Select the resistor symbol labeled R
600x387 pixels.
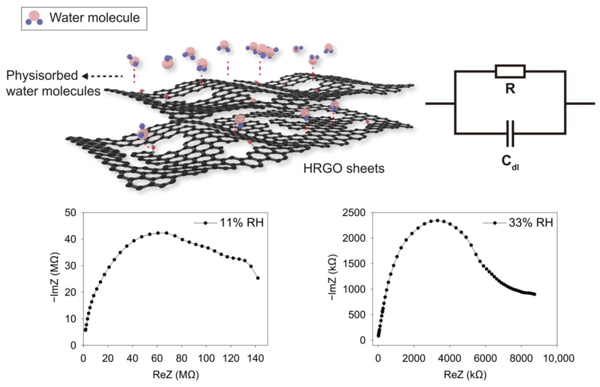click(x=509, y=71)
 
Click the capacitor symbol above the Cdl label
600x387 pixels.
click(x=509, y=134)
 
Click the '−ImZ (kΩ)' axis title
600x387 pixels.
click(x=335, y=276)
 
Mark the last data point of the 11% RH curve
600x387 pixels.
click(x=258, y=278)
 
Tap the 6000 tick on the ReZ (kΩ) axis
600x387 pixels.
click(x=485, y=356)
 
